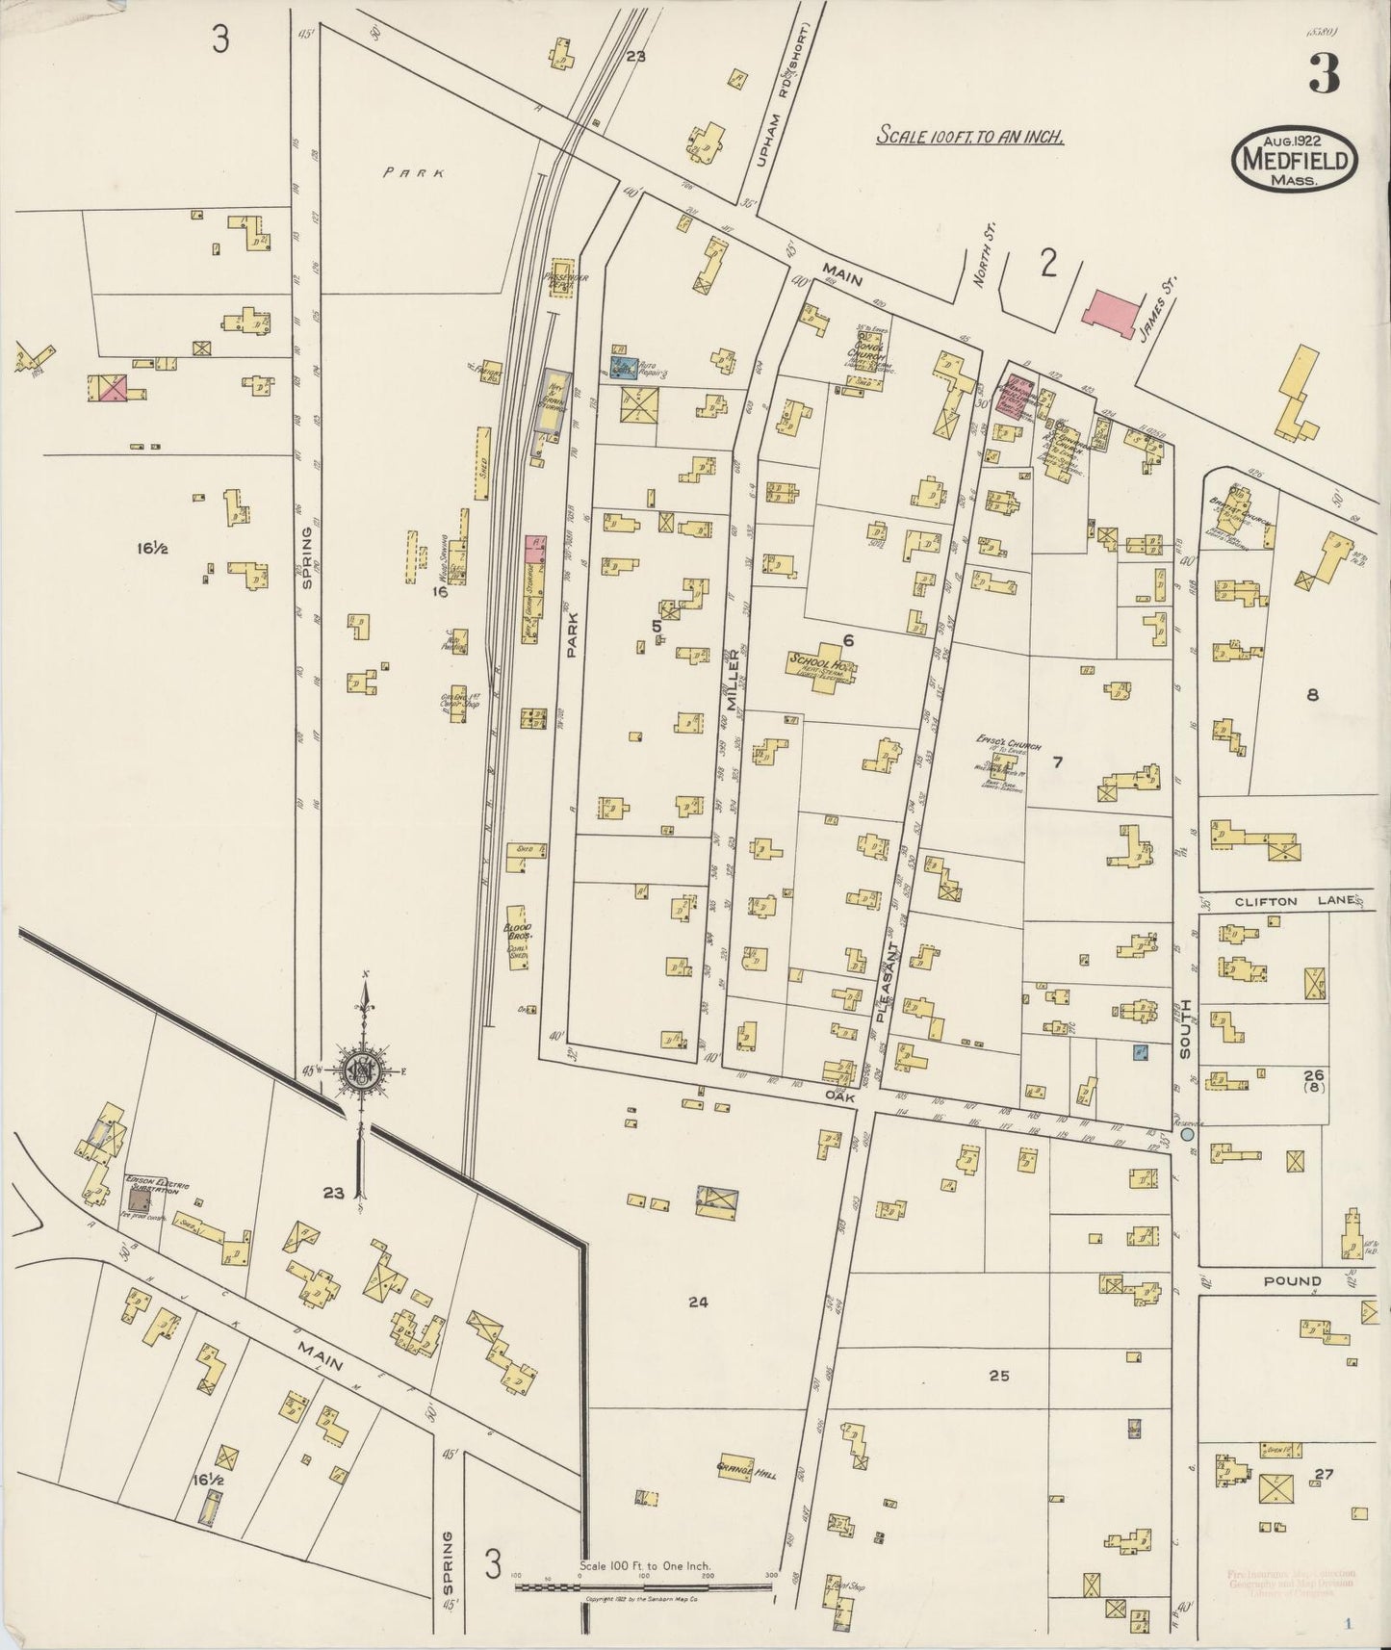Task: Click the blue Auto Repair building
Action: [x=621, y=367]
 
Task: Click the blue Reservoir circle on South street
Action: [x=1187, y=1135]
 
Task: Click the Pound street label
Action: [x=1295, y=1281]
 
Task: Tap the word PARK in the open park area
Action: [x=412, y=173]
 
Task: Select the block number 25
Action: [x=998, y=1376]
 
